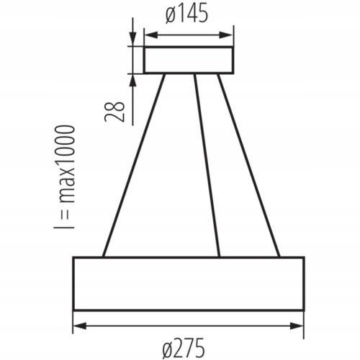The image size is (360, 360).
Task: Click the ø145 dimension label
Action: (x=186, y=14)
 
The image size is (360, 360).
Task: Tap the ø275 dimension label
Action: (x=184, y=348)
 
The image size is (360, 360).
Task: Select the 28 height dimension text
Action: (x=115, y=112)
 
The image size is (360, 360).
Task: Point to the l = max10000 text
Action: (x=65, y=177)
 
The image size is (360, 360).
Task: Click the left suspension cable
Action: (x=134, y=165)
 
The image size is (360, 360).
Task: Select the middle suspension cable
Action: (x=207, y=165)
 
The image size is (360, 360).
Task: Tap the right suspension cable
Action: (x=248, y=165)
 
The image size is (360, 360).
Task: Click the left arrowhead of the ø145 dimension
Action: (x=151, y=35)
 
